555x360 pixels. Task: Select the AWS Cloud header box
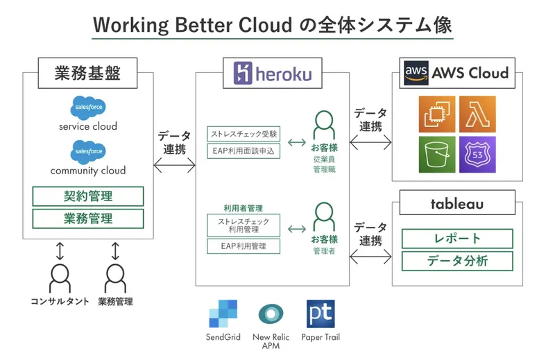(457, 73)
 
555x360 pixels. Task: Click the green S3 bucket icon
(437, 155)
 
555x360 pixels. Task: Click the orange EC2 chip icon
(437, 114)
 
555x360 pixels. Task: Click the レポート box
(457, 239)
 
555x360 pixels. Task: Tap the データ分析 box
(457, 261)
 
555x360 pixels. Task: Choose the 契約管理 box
(88, 196)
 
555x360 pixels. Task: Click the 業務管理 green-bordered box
(88, 218)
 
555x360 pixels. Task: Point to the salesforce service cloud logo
(88, 108)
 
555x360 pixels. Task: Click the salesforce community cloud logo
(88, 151)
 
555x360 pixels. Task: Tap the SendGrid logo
(223, 314)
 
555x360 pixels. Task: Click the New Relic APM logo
(271, 314)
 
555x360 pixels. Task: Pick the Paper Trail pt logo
(321, 314)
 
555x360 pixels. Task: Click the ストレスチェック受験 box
(244, 133)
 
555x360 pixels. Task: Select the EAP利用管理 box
(244, 246)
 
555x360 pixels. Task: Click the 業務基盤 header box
(87, 73)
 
